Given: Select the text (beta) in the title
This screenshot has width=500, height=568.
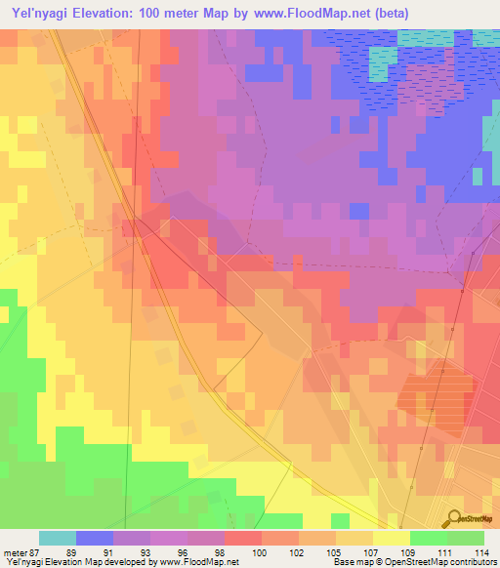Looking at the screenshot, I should tap(389, 13).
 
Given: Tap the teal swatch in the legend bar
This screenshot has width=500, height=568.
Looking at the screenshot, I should tap(58, 538).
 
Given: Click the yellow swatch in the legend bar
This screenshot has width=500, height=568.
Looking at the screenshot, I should tap(392, 538).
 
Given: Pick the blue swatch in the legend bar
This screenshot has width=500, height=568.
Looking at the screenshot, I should tap(95, 538).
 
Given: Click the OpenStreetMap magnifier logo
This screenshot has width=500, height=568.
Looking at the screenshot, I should tap(453, 520).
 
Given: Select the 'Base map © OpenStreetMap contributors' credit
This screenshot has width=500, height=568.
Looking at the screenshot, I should tap(417, 562).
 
